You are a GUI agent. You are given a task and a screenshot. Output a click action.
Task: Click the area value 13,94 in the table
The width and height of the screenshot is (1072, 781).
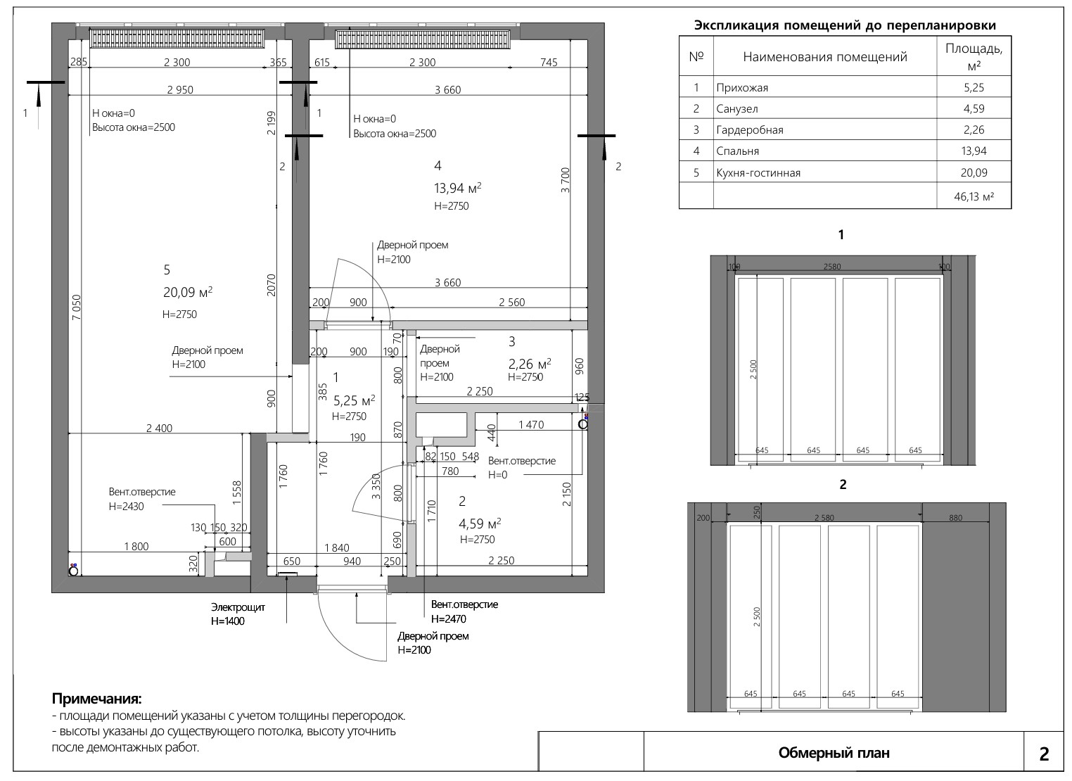click(974, 151)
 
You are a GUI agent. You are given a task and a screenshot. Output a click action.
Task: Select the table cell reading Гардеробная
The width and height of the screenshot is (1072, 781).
click(749, 129)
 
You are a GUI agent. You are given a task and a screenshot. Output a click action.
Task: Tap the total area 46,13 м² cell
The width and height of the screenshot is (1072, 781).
click(974, 196)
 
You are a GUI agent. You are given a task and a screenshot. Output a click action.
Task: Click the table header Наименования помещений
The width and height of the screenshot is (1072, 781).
click(824, 57)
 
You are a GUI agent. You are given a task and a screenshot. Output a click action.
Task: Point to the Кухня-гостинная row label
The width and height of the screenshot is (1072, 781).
click(758, 173)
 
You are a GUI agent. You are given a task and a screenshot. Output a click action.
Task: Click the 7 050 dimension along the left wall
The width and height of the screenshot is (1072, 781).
click(77, 307)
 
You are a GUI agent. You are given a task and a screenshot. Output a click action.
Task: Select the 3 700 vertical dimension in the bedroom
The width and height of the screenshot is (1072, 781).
click(566, 180)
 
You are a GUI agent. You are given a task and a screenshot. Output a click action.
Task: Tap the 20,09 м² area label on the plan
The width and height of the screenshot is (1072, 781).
click(188, 291)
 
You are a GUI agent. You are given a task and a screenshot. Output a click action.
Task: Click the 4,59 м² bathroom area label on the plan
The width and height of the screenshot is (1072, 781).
click(480, 523)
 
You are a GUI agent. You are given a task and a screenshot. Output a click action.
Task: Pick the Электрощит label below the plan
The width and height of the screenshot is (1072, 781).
click(238, 607)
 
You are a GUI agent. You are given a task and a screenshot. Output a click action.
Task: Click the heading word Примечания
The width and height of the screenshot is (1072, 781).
click(96, 699)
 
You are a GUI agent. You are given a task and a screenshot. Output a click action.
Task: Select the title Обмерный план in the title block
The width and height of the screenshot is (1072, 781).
click(834, 753)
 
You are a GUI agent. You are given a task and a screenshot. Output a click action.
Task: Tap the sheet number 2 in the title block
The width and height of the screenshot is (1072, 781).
click(1045, 754)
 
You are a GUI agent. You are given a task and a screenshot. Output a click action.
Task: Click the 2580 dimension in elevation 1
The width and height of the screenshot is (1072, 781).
click(831, 267)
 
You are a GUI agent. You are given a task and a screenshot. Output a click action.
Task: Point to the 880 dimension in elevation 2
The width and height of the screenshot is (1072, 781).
click(955, 518)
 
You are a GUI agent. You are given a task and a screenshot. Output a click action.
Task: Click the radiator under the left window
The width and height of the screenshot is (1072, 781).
click(177, 38)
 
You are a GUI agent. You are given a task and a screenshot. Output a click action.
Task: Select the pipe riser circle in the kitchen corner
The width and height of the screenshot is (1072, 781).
click(74, 571)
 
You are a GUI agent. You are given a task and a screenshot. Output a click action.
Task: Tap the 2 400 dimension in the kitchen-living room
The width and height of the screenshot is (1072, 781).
click(160, 428)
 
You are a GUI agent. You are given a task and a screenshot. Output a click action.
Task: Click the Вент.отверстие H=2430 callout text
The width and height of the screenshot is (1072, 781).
click(142, 499)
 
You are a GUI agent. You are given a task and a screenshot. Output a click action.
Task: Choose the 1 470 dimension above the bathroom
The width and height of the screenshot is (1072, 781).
click(531, 425)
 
